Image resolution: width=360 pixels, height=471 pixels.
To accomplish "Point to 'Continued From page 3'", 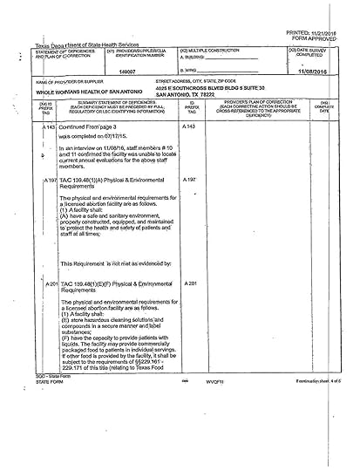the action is (92, 127).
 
